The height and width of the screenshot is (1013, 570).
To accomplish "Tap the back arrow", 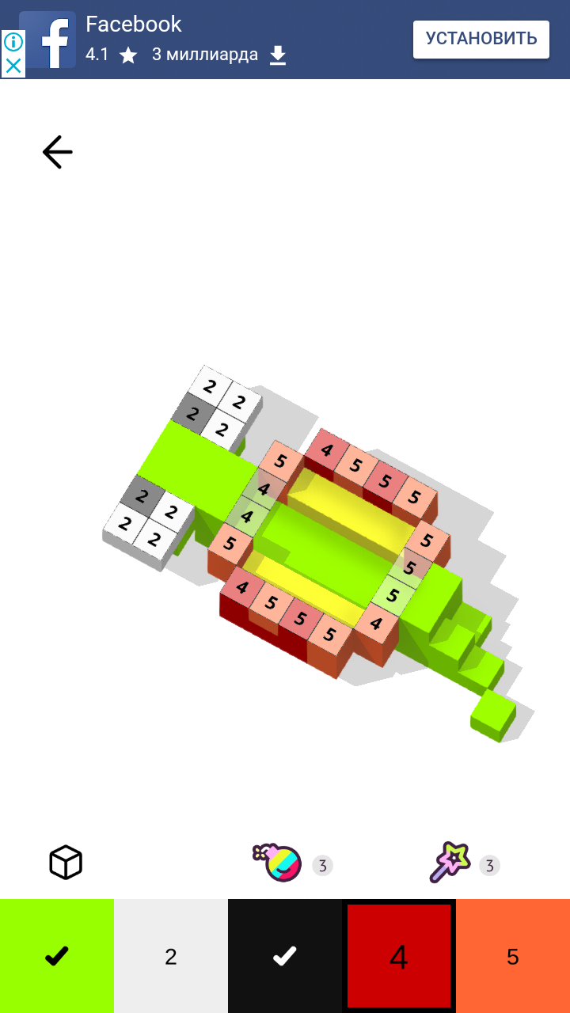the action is [x=58, y=152].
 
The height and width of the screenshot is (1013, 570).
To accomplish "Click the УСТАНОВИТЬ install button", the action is [x=481, y=40].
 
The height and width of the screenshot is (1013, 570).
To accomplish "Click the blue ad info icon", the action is [x=13, y=42].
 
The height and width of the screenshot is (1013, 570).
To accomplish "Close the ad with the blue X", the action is [x=13, y=66].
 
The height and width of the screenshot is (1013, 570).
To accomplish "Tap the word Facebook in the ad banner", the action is [x=134, y=24].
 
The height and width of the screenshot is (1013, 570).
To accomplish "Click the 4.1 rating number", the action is [x=97, y=55].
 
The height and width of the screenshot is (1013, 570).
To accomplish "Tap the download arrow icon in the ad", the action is [x=278, y=55].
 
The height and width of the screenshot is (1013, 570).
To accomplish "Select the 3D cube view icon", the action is [x=66, y=862].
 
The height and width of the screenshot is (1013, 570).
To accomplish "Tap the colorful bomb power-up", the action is [x=278, y=863].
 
